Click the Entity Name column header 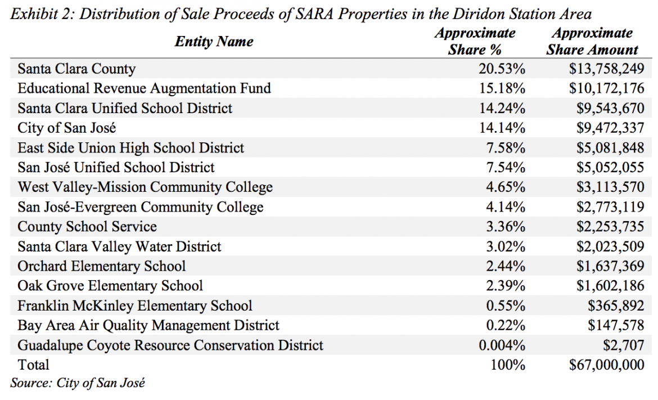point(214,42)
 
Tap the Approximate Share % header point(475,41)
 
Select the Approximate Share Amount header point(592,41)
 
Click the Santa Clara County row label point(76,69)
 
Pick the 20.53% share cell point(502,69)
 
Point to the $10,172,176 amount point(606,88)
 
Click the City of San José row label point(67,128)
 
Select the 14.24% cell point(502,108)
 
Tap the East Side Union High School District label point(130,148)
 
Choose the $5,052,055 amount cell point(610,168)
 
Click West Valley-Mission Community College point(145,187)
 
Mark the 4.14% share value point(506,207)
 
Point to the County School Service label point(87,227)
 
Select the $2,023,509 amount point(610,246)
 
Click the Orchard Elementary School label point(102,266)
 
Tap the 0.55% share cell point(506,305)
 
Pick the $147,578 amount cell point(616,325)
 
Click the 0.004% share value point(502,345)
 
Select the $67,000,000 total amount point(606,365)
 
